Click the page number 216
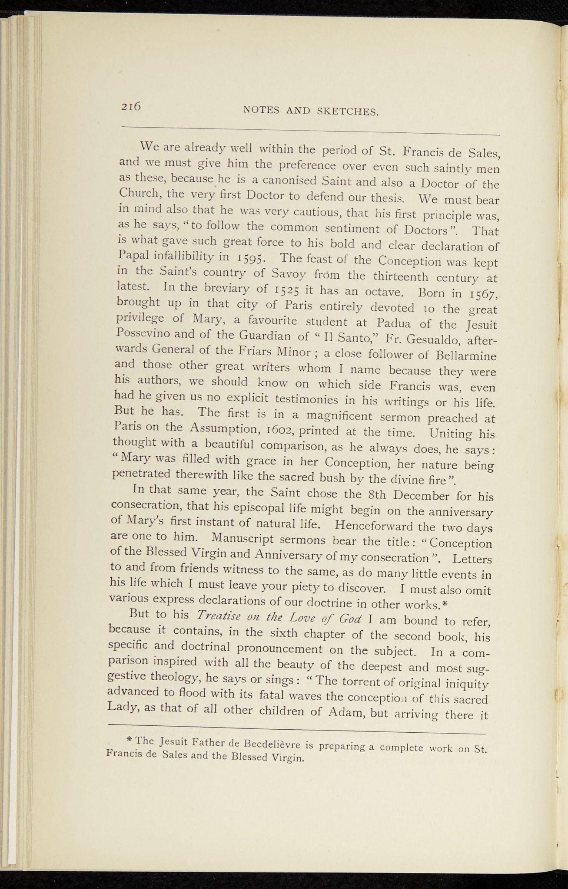131,105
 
